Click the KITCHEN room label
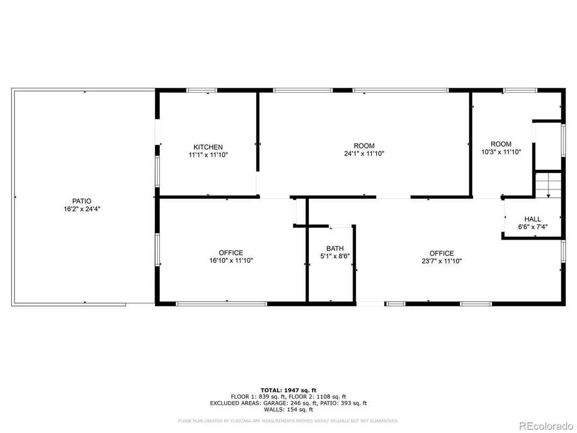tap(208, 147)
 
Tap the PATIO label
tap(82, 201)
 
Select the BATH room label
tap(335, 248)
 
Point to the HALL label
tap(532, 219)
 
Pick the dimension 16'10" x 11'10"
tap(231, 261)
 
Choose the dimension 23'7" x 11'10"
tap(441, 261)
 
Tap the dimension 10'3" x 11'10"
tap(501, 152)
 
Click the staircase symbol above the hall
tap(548, 186)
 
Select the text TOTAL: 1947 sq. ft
tap(288, 389)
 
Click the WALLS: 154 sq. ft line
tap(288, 409)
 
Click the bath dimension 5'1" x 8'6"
tap(335, 256)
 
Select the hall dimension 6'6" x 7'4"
tap(532, 227)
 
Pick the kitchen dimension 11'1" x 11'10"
tap(208, 155)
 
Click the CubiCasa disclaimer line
tap(288, 421)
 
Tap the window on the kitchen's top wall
tap(202, 90)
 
